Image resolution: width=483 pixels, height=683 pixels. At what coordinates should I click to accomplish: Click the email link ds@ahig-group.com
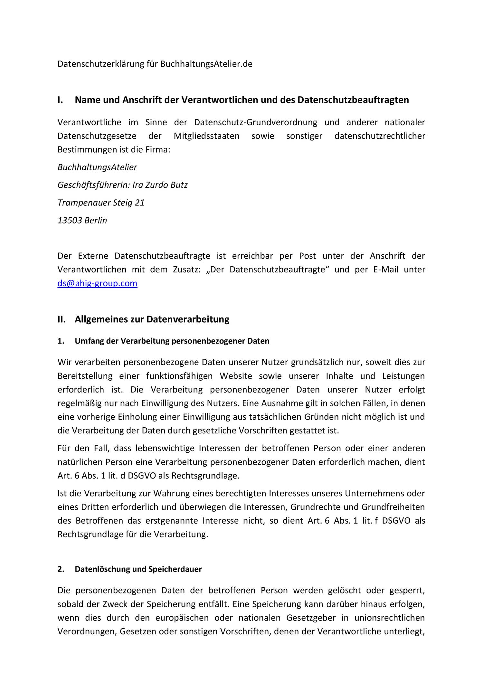pos(97,283)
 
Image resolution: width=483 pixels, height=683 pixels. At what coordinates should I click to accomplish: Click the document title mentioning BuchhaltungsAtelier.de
pos(155,64)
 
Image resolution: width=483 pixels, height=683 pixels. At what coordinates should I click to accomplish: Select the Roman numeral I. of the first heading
pos(60,100)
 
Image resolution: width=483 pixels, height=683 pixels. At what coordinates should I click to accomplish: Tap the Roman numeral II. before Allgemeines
pos(61,319)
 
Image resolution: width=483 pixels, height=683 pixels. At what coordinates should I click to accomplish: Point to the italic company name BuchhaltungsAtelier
pos(97,167)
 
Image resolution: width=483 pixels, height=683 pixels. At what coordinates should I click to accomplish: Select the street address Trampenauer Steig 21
pos(101,203)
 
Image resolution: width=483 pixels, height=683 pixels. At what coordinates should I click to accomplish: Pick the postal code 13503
pos(70,221)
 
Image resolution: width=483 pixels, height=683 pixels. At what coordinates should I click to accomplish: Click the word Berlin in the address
pos(96,221)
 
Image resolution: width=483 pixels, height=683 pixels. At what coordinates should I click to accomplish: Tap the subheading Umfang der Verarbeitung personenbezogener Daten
pos(172,341)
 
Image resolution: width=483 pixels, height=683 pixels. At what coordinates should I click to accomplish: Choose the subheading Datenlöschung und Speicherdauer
pos(138,569)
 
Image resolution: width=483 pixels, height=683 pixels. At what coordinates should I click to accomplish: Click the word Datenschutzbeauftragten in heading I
pos(353,100)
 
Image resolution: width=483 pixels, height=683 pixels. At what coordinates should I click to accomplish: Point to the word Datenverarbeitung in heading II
pos(188,319)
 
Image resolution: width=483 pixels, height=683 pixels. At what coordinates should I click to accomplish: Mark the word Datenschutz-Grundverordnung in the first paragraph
pos(256,122)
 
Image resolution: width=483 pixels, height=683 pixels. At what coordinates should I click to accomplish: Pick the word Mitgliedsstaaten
pos(206,136)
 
